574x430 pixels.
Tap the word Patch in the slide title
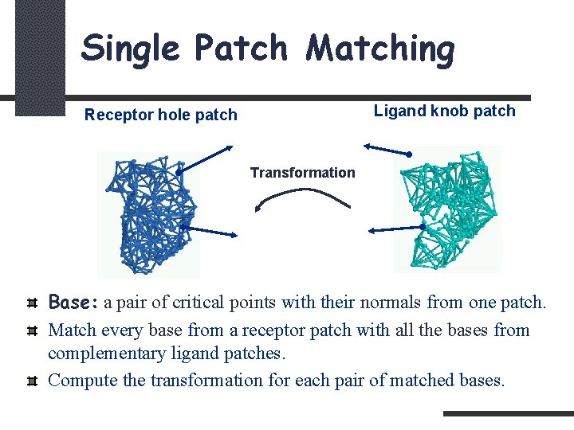tap(240, 48)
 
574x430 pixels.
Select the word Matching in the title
tap(381, 48)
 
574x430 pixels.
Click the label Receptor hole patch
tap(161, 115)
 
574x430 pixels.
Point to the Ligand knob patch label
tap(445, 111)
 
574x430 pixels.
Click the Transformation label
tap(303, 173)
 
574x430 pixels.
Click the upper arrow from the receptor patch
tap(205, 158)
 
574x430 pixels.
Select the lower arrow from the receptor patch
tap(210, 231)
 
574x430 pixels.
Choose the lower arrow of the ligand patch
tap(395, 229)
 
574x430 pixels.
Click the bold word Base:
tap(73, 303)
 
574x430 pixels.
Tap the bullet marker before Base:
tap(31, 303)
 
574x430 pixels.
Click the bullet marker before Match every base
tap(31, 330)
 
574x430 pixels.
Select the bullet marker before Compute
tap(31, 381)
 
